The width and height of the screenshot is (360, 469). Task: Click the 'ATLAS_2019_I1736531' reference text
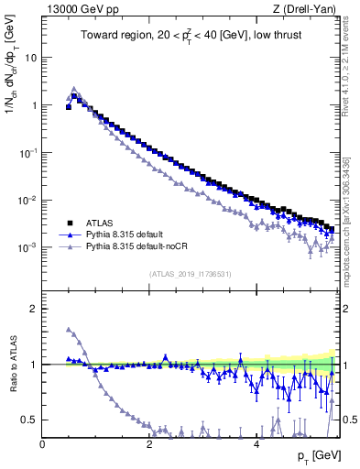click(189, 274)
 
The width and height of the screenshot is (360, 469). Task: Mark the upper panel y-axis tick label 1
click(34, 104)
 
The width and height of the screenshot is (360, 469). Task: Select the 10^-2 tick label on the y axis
click(28, 200)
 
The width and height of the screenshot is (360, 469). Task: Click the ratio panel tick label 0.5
click(30, 420)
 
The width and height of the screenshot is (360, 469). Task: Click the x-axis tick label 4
click(256, 444)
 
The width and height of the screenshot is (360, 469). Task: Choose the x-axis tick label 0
click(43, 444)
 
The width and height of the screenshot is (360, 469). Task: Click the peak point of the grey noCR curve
click(74, 90)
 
